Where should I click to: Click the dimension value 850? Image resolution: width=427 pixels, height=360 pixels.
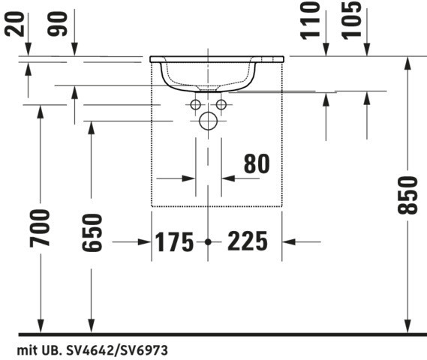pos(407,195)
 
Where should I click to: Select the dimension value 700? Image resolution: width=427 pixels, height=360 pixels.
pos(40,228)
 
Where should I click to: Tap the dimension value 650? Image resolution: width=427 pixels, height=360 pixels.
pos(92,233)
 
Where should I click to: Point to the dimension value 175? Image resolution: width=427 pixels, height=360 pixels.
pos(174,242)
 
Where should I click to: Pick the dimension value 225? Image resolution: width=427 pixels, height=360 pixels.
pos(248,241)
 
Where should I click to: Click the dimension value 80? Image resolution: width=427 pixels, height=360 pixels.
pos(257,163)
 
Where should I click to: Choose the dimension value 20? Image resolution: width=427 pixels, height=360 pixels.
pos(14,24)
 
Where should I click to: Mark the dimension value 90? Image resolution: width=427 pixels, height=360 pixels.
pos(57,24)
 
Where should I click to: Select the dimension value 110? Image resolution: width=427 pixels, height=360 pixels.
pos(310,20)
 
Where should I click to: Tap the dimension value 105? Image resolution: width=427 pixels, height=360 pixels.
pos(351,20)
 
